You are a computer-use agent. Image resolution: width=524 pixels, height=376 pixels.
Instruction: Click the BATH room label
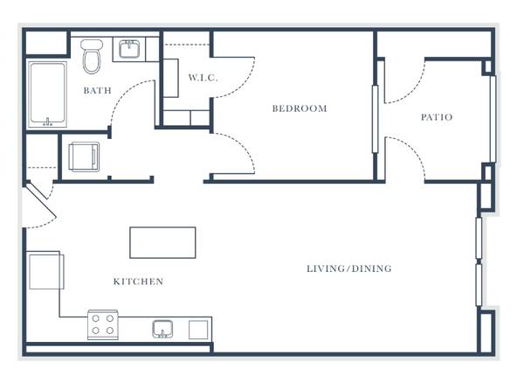97,90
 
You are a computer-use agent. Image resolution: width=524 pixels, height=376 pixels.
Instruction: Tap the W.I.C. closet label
203,78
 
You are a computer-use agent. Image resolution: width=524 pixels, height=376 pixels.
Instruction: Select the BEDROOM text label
300,108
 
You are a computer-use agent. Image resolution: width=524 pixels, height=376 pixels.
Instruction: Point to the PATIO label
437,117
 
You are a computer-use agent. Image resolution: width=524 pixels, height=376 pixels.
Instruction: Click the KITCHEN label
138,282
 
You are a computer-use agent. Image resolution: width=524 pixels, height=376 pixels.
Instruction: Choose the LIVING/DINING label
349,268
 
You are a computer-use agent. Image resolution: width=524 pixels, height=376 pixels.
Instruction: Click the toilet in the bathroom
92,56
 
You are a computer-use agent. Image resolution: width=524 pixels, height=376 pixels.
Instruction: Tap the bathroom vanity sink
129,49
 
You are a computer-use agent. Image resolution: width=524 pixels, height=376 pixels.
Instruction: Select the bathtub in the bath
47,94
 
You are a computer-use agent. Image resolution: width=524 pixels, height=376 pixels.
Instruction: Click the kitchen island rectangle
162,242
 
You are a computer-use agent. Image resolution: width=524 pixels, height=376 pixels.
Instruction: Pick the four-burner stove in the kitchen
103,324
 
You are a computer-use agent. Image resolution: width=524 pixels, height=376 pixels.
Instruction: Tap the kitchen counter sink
162,329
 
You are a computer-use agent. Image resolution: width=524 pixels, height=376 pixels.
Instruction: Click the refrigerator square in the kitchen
46,271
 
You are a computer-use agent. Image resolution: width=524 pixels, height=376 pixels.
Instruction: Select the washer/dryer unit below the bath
84,157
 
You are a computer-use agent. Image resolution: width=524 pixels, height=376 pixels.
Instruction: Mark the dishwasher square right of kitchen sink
198,330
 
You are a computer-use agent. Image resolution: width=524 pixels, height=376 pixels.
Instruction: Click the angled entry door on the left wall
41,200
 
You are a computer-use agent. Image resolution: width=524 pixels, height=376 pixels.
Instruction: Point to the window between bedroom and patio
375,119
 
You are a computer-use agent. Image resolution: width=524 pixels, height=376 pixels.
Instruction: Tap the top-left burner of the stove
95,318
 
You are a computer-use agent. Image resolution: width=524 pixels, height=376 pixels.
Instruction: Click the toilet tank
92,44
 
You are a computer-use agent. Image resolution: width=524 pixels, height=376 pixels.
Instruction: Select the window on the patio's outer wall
493,119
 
